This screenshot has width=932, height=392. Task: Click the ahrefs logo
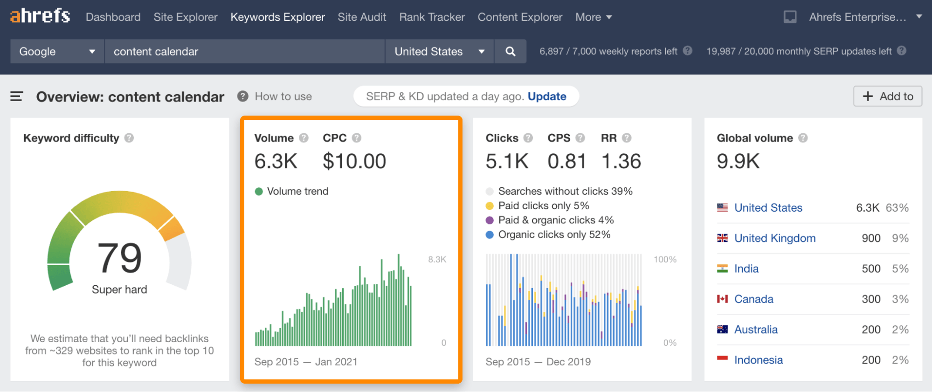tap(40, 16)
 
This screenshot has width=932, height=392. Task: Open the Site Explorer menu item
tap(186, 17)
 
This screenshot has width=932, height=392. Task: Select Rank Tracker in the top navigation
tap(432, 17)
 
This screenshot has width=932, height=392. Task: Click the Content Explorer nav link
tap(520, 17)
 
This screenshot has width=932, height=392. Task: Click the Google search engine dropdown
tap(57, 51)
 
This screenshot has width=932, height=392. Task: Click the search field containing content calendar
tap(244, 51)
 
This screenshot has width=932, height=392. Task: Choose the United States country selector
tap(439, 51)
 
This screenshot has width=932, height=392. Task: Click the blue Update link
tap(547, 96)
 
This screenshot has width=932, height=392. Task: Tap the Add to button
tap(888, 96)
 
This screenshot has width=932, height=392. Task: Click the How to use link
tap(283, 96)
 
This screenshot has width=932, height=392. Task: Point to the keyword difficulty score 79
tap(119, 258)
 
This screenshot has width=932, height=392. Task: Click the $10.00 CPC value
tap(354, 161)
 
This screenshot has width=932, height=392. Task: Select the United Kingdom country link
tap(775, 238)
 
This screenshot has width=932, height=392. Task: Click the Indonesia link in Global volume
tap(758, 360)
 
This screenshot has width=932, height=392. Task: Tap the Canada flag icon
tap(722, 299)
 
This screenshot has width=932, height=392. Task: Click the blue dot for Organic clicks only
tap(490, 235)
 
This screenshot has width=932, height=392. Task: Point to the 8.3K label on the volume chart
tap(437, 260)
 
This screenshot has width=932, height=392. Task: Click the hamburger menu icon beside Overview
tap(17, 96)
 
